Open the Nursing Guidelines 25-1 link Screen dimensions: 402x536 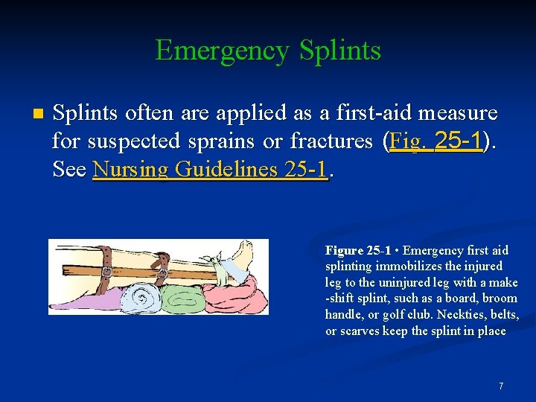pos(210,169)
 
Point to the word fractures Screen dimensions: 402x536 pos(331,141)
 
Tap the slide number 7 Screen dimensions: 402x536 pos(501,386)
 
